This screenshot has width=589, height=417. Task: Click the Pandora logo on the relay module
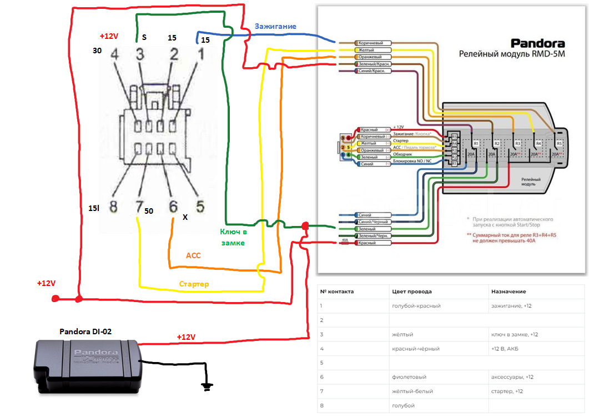coord(537,43)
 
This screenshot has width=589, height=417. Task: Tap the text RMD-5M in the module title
coord(545,54)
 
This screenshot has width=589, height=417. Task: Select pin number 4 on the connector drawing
coord(114,55)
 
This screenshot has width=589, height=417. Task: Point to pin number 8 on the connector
coord(113,207)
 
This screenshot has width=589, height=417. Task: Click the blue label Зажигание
coord(275,27)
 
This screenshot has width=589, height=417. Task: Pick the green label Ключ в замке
coord(233,237)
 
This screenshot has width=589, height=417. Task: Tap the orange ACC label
coord(193,256)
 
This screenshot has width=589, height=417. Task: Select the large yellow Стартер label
coord(194,284)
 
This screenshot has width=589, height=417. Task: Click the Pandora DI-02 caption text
coord(86,331)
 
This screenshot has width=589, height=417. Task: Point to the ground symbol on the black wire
coord(207,386)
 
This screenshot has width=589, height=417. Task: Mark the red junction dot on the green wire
coord(304,226)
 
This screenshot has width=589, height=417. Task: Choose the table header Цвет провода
coord(411,292)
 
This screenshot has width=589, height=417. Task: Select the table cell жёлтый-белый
coord(412,391)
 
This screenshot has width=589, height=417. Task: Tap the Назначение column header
coord(509,292)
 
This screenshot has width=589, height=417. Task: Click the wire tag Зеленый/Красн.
coord(373,64)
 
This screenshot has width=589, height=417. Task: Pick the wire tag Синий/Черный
coord(373,222)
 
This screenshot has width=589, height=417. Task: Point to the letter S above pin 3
coord(144,38)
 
